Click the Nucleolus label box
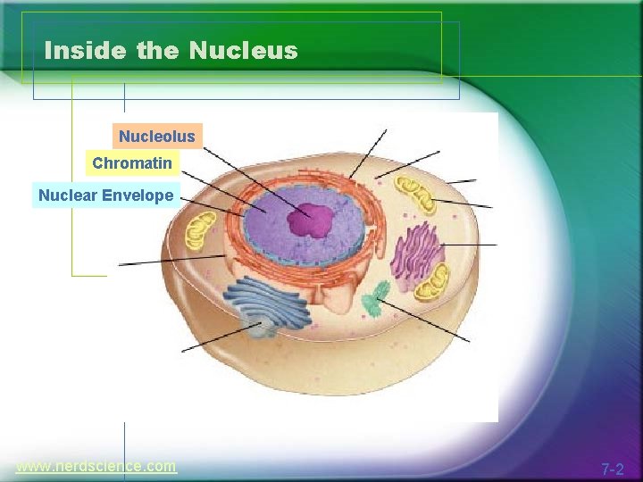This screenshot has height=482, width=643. pyautogui.click(x=157, y=137)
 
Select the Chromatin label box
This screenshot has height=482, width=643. pyautogui.click(x=132, y=164)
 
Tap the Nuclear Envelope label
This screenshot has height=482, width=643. pyautogui.click(x=105, y=195)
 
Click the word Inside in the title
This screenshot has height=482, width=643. pyautogui.click(x=86, y=51)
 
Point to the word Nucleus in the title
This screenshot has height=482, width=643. pyautogui.click(x=243, y=51)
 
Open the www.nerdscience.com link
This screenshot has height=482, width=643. pyautogui.click(x=96, y=466)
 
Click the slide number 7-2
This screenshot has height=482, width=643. pyautogui.click(x=612, y=469)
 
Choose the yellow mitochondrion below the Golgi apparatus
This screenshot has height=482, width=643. pyautogui.click(x=433, y=284)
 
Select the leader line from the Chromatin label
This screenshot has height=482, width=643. pyautogui.click(x=223, y=192)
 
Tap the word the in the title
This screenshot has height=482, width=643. pyautogui.click(x=157, y=51)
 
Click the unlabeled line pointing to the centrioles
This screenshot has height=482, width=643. pyautogui.click(x=424, y=320)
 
